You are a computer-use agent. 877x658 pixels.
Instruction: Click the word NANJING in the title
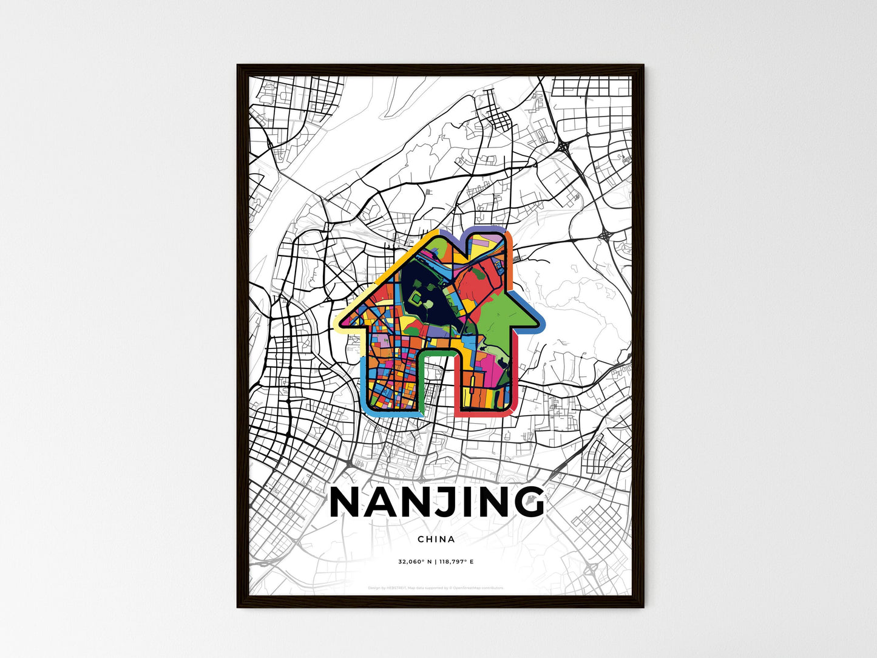tap(436, 503)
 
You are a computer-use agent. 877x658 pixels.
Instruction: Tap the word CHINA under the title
tap(436, 539)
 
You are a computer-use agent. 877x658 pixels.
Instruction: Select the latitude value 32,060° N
tap(415, 562)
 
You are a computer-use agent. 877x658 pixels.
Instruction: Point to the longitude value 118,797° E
tap(456, 562)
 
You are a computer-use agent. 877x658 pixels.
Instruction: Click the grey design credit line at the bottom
tap(436, 588)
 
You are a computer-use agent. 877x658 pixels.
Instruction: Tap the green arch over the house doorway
tap(437, 352)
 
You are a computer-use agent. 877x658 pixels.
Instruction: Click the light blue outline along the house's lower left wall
tap(364, 382)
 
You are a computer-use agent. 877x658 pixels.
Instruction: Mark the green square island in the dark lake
tap(418, 297)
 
